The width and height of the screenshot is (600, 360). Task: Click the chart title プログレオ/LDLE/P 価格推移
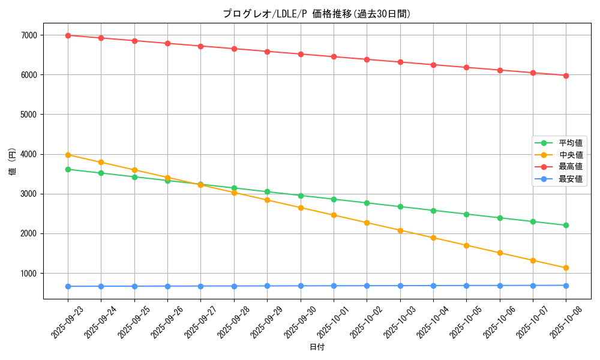tap(317, 14)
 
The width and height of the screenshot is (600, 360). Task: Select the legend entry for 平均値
tap(571, 143)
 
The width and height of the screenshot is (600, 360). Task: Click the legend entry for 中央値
tap(571, 155)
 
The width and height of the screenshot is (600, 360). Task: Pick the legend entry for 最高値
tap(571, 167)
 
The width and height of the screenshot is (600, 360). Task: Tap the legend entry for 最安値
tap(571, 179)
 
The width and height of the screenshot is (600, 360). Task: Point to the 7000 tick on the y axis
tap(29, 35)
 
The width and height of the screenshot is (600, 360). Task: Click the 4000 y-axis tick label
tap(29, 154)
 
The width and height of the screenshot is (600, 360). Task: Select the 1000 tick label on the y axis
tap(29, 274)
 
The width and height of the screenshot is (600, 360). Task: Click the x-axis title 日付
tap(317, 347)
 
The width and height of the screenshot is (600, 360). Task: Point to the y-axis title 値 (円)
tap(12, 161)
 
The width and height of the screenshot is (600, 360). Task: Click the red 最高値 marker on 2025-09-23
tap(68, 35)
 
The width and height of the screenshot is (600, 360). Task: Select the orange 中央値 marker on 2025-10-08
tap(566, 268)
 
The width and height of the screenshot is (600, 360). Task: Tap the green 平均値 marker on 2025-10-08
tap(566, 226)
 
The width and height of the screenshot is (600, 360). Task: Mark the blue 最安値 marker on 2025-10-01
tap(334, 286)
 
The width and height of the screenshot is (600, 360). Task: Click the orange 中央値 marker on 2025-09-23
tap(68, 155)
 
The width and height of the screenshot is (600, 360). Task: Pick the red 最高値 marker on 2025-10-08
tap(566, 76)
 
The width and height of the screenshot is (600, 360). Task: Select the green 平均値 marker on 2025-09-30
tap(301, 196)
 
